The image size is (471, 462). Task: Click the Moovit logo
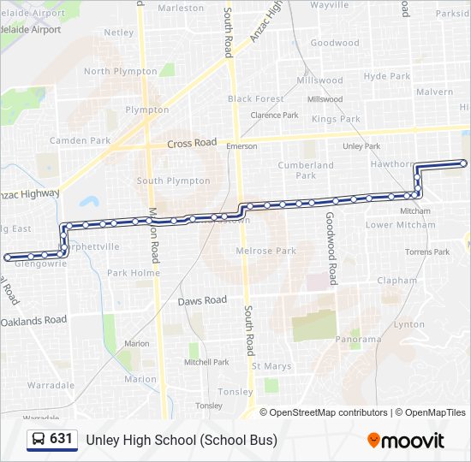pyautogui.click(x=406, y=441)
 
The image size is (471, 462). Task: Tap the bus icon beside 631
pyautogui.click(x=39, y=440)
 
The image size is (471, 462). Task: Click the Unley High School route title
pyautogui.click(x=182, y=440)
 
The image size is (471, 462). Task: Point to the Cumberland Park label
pyautogui.click(x=306, y=170)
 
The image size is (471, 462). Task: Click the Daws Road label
pyautogui.click(x=202, y=300)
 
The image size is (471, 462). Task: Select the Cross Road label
pyautogui.click(x=192, y=144)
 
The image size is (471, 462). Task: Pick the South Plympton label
pyautogui.click(x=173, y=181)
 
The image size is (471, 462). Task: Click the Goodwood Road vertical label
pyautogui.click(x=331, y=249)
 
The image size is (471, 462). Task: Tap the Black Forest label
pyautogui.click(x=255, y=99)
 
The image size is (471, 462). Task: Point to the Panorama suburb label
pyautogui.click(x=358, y=339)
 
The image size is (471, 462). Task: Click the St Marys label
pyautogui.click(x=271, y=366)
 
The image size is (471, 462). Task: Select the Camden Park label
pyautogui.click(x=80, y=140)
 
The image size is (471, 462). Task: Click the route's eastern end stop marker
pyautogui.click(x=464, y=163)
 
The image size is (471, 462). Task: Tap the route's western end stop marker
pyautogui.click(x=8, y=257)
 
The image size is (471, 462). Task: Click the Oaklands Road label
pyautogui.click(x=34, y=321)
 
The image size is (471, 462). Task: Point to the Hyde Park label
pyautogui.click(x=387, y=76)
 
